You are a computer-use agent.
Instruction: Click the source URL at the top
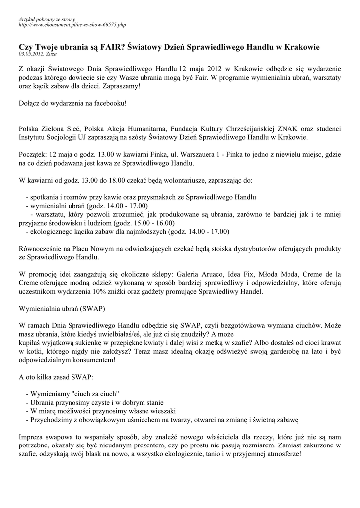pos(72,24)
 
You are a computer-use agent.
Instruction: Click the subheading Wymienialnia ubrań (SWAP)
pos(62,308)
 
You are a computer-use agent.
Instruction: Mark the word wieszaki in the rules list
pos(160,411)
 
